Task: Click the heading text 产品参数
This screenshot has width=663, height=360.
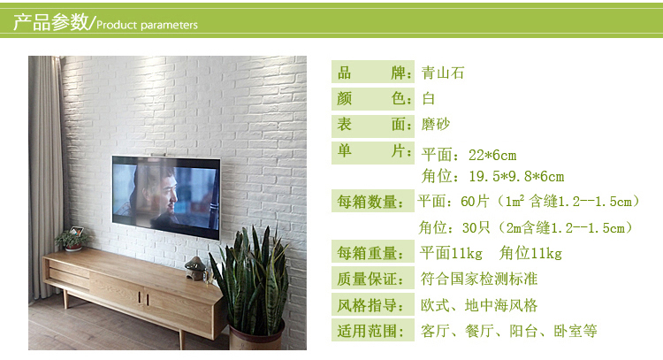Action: coord(50,22)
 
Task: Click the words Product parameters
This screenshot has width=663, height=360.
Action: coord(147,25)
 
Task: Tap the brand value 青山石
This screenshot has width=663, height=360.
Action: coord(443,73)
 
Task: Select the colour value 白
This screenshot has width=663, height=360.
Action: coord(429,98)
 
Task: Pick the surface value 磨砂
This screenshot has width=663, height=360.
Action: coord(436,124)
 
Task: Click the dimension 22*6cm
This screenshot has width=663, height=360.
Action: coord(492,156)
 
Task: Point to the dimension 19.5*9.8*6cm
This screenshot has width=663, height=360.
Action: coord(516,176)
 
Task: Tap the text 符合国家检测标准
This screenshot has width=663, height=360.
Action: coord(478,279)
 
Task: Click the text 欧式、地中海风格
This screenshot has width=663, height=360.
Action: coord(478,305)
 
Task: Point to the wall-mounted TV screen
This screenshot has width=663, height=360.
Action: coord(166,197)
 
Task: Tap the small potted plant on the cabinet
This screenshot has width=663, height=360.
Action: coord(72,240)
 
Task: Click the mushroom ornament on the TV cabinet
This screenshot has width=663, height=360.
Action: coord(195,268)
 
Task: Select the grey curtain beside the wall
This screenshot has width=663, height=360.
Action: coord(45,178)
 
